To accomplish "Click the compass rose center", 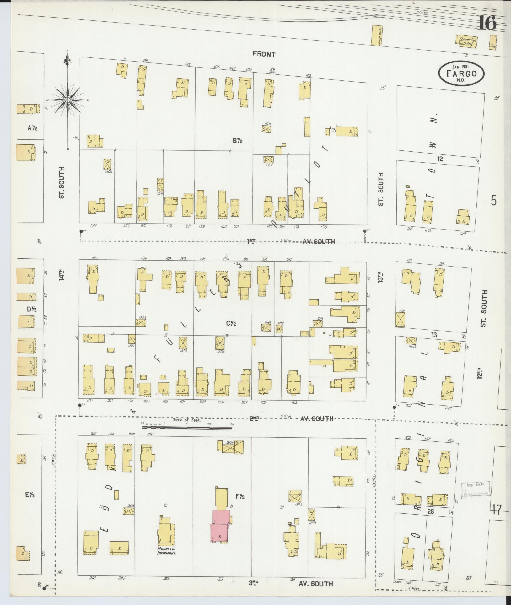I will (x=67, y=100).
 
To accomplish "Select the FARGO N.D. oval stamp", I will (x=461, y=73).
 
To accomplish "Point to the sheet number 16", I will (x=487, y=23).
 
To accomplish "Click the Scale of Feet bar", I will (x=187, y=427).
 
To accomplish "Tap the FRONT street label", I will (x=264, y=55).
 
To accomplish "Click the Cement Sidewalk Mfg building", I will (x=466, y=41).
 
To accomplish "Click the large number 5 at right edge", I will (x=494, y=200).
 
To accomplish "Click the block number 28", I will (x=431, y=511).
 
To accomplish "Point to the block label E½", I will (x=30, y=495).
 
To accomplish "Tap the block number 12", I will (x=440, y=159).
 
